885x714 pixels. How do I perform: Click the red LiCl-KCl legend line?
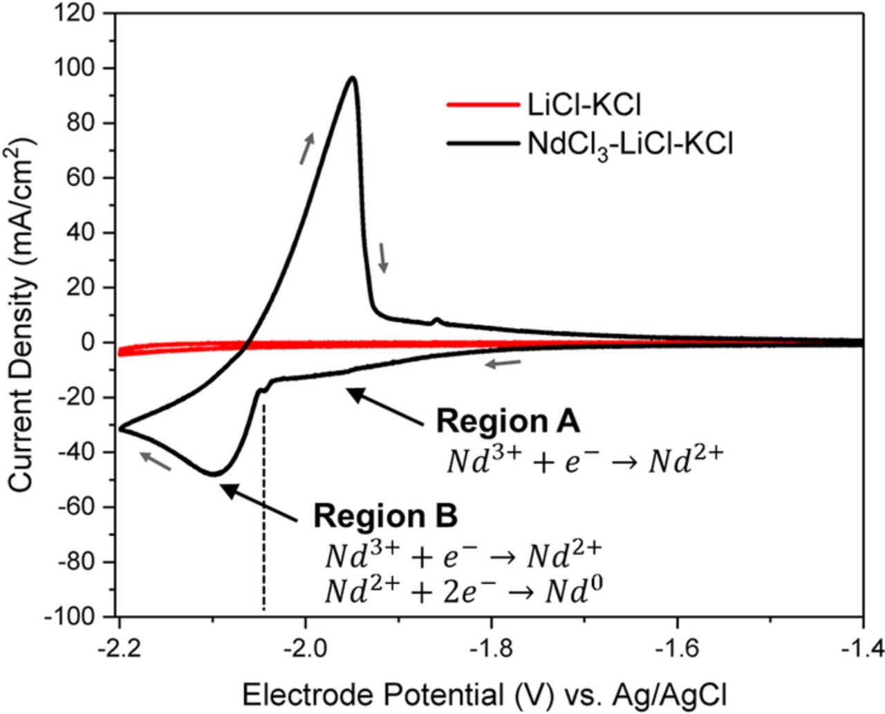(x=482, y=105)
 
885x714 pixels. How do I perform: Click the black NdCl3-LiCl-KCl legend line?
(x=482, y=144)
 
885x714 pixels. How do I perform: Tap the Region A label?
(x=507, y=421)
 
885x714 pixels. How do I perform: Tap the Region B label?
(x=385, y=516)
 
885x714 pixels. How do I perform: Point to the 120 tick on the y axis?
(x=82, y=14)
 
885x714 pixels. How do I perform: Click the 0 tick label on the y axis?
(x=88, y=342)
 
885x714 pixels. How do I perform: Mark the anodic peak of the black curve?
(x=353, y=77)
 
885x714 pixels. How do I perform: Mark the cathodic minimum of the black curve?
(x=214, y=473)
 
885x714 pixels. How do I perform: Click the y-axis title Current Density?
(x=22, y=314)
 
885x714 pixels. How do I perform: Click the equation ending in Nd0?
(x=462, y=591)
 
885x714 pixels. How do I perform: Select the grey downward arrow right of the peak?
(x=384, y=258)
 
